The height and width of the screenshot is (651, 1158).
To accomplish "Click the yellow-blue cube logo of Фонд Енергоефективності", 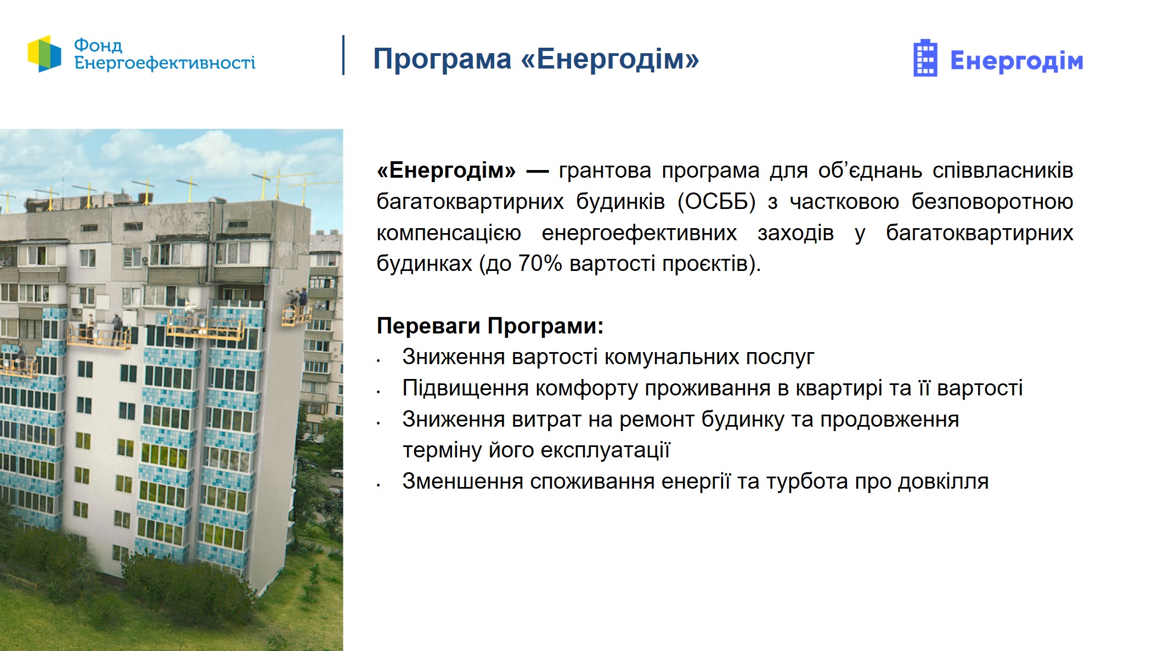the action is coord(44,54).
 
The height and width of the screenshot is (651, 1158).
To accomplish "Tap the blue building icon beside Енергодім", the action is coord(925,58).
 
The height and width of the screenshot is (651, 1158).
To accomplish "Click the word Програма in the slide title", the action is coord(442,59).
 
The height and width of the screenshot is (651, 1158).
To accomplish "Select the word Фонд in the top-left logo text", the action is coord(98,45).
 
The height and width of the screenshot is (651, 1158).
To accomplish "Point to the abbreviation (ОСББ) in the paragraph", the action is coord(716,202).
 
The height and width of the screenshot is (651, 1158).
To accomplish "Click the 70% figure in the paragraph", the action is coord(540,264).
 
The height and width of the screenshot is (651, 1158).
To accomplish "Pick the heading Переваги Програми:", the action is coord(490,326).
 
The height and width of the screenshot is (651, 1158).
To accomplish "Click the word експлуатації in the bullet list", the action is coord(605,450).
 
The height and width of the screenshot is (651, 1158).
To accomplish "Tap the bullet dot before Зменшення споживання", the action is coord(379,485).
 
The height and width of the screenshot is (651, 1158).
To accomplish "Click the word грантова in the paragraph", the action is coord(605,171).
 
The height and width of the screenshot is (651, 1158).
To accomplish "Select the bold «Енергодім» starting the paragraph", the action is coord(446,171).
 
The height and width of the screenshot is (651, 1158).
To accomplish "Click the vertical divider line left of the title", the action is coord(343,55).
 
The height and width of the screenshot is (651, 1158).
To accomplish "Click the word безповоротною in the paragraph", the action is coord(992,202).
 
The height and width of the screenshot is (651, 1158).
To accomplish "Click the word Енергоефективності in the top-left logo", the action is coord(165,63).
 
